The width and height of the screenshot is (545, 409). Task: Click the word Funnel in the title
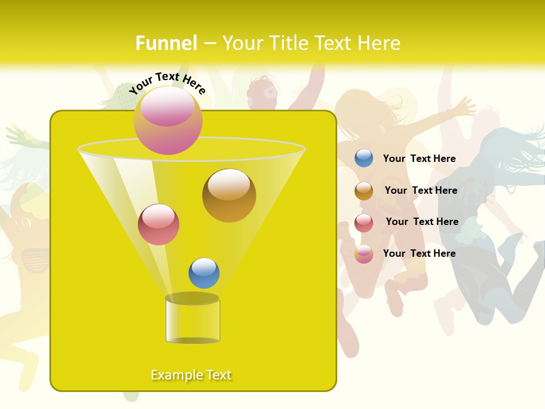(166, 43)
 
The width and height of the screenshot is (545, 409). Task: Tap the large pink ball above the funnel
(168, 120)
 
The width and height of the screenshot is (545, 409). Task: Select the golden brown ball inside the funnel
(229, 195)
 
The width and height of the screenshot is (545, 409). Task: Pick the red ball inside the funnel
(158, 224)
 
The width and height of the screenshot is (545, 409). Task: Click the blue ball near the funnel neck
(204, 273)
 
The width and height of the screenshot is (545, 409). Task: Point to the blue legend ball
(364, 158)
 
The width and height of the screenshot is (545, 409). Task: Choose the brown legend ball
(364, 191)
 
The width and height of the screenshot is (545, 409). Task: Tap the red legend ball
(364, 223)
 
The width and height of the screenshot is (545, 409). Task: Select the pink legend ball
(364, 254)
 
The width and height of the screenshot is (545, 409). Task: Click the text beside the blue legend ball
(419, 158)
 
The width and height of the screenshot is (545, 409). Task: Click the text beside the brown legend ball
(421, 190)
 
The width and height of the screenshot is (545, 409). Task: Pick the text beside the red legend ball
(422, 222)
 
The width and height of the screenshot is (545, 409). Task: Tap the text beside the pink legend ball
(419, 253)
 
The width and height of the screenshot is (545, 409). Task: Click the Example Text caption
(191, 375)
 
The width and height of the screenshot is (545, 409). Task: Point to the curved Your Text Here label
(167, 84)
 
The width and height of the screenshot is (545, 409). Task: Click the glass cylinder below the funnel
(192, 321)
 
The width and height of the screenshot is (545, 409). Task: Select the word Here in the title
(379, 43)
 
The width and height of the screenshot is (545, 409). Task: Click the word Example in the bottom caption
(174, 375)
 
